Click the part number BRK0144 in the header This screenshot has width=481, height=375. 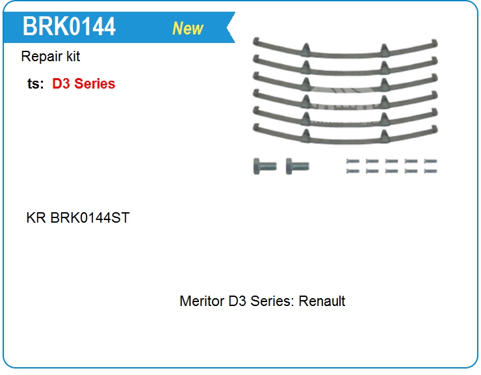point(69,27)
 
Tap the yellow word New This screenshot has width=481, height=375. point(188,29)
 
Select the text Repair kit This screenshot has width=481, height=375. point(51,57)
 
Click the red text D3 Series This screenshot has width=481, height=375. point(84,84)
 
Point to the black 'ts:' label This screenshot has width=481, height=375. point(36,84)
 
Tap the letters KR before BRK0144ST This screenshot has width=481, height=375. point(36,217)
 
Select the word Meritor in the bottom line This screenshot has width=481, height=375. point(201,301)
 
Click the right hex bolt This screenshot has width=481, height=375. point(298,166)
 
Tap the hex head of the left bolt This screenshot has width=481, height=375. point(257,166)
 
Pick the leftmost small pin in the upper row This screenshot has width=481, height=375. point(352,161)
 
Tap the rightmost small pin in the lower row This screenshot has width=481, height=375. point(430,171)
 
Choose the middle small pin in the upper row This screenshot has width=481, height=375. point(391,161)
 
